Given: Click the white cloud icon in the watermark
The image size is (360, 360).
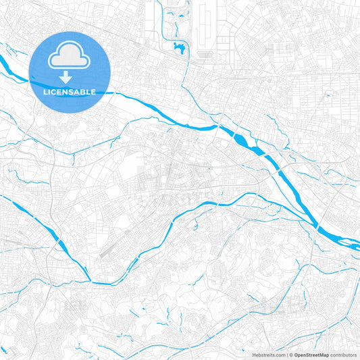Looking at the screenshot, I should pos(70,57).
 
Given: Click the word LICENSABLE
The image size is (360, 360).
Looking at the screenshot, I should pos(70,91).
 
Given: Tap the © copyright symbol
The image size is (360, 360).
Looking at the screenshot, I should pos(289,355).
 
